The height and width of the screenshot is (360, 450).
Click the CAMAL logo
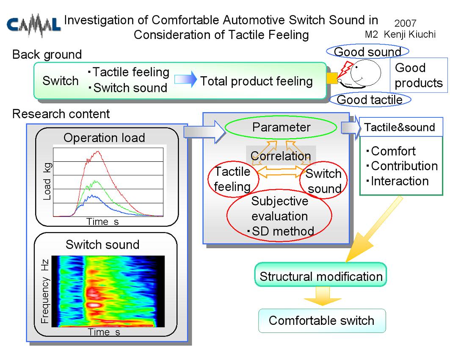[x=33, y=25]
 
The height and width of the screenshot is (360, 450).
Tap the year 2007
[x=405, y=23]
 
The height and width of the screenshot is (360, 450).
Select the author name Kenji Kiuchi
[x=409, y=34]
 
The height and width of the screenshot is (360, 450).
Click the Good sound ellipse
[x=367, y=52]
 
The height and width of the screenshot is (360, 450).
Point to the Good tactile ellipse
[x=370, y=100]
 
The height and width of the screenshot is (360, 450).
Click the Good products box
[x=419, y=75]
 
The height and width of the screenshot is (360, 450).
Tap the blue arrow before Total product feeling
[x=186, y=80]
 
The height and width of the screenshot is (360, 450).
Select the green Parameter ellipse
[x=281, y=127]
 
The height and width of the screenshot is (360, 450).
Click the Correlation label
[x=281, y=156]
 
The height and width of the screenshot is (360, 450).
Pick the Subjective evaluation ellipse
[x=279, y=216]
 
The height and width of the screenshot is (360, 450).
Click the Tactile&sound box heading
[x=400, y=127]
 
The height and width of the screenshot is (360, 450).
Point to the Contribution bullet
[x=402, y=166]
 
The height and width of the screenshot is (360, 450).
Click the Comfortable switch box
[x=322, y=321]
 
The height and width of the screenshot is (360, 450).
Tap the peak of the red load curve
[x=98, y=151]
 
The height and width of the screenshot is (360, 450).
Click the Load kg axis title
[x=47, y=181]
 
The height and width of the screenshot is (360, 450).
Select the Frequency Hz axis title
[x=45, y=291]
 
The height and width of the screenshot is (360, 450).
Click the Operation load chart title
[x=104, y=138]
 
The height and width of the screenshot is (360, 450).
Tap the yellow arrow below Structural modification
[x=322, y=296]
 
